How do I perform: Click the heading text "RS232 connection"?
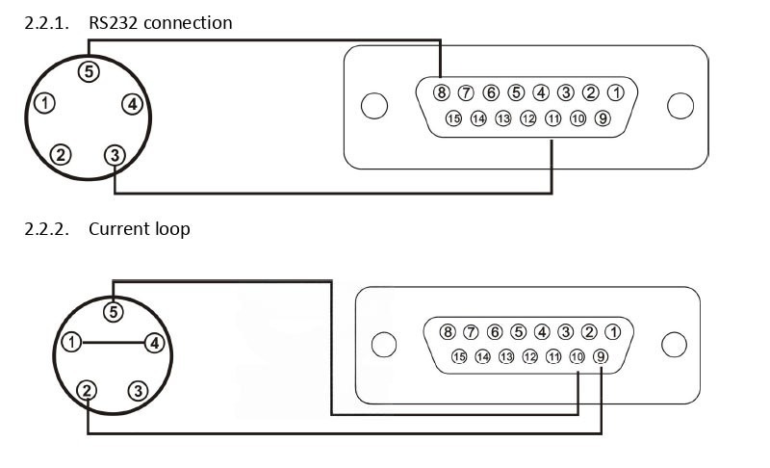pos(160,22)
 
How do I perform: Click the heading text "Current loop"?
pos(139,228)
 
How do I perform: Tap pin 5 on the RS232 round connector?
pos(89,70)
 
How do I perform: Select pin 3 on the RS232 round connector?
pos(115,154)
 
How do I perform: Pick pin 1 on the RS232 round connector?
pos(44,102)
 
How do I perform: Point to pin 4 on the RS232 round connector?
pos(133,104)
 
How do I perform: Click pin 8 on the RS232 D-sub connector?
pos(441,92)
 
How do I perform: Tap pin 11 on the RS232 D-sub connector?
pos(552,118)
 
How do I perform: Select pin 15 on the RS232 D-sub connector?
pos(453,118)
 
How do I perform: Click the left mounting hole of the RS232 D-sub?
pos(374,106)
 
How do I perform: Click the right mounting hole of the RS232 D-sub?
pos(680,106)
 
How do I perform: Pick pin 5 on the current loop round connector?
pos(114,311)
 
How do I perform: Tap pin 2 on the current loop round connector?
pos(88,390)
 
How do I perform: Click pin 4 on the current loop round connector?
pos(156,341)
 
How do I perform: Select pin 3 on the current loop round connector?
pos(139,390)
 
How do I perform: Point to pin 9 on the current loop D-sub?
pos(602,356)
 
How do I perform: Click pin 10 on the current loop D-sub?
pos(577,356)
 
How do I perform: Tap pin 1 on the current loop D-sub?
pos(613,332)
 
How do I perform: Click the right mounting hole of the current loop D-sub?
pos(674,344)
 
